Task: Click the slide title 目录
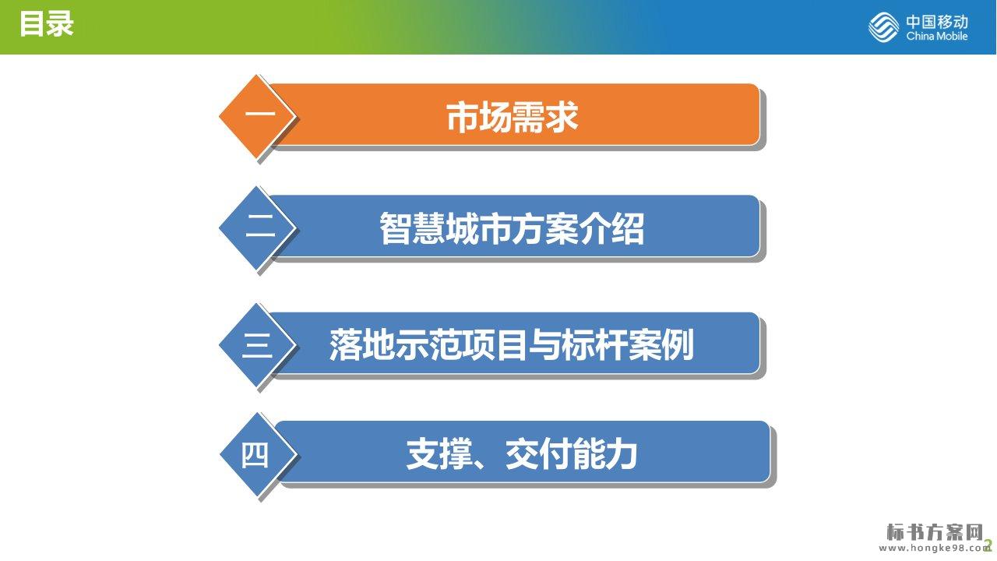click(46, 23)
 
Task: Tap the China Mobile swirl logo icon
click(883, 26)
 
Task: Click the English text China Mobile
click(937, 36)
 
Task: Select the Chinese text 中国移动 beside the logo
click(937, 21)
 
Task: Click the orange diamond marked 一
click(257, 116)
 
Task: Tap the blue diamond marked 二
click(257, 228)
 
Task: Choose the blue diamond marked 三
click(257, 344)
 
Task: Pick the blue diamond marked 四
click(258, 454)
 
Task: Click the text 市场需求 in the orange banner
click(513, 117)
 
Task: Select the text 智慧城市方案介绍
click(512, 228)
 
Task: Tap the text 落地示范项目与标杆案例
click(512, 345)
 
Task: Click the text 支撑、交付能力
click(522, 453)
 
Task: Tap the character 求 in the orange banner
click(562, 117)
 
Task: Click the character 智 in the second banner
click(395, 228)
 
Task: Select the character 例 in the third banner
click(678, 345)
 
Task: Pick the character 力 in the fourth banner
click(622, 453)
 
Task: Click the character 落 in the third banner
click(345, 345)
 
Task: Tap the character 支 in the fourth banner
click(422, 453)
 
